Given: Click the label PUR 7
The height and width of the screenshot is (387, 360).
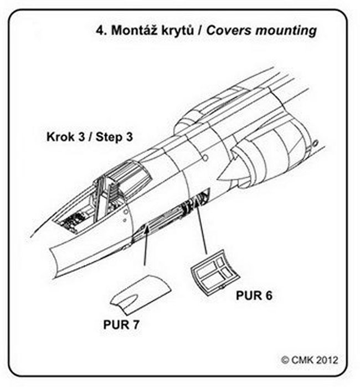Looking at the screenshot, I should [121, 324].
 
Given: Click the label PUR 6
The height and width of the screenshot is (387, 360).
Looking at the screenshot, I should [254, 295].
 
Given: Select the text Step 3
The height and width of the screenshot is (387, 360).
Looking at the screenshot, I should [113, 136].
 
